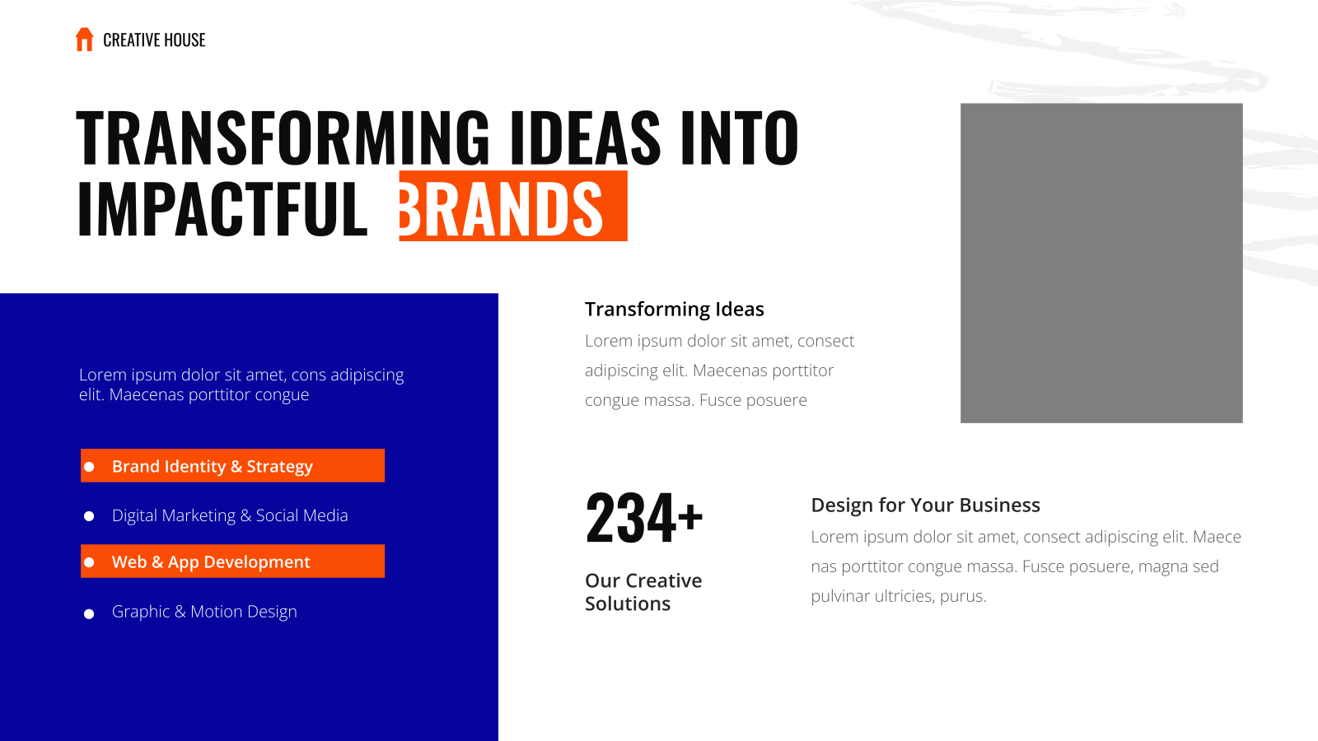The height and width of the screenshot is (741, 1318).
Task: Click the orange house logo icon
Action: tap(84, 40)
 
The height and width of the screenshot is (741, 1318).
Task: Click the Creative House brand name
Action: tap(154, 40)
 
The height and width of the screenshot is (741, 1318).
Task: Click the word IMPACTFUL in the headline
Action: tap(222, 209)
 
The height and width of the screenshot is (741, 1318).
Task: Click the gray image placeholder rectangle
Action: tap(1101, 263)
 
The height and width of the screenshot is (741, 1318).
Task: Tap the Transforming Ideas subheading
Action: tap(675, 309)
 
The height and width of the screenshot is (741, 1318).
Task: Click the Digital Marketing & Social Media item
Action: tap(230, 515)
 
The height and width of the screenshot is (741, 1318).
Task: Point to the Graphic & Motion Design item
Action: tap(204, 612)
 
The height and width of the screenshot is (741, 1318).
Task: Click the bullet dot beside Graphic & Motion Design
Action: tap(89, 614)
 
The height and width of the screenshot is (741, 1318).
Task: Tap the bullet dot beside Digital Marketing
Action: tap(89, 516)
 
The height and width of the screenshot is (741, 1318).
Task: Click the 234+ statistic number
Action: tap(643, 518)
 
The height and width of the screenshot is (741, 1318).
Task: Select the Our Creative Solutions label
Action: tap(643, 592)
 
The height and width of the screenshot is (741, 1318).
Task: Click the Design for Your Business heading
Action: tap(926, 505)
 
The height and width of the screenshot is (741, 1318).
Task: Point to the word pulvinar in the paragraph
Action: tap(839, 596)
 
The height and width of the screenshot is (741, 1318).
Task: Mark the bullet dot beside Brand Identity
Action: tap(89, 467)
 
